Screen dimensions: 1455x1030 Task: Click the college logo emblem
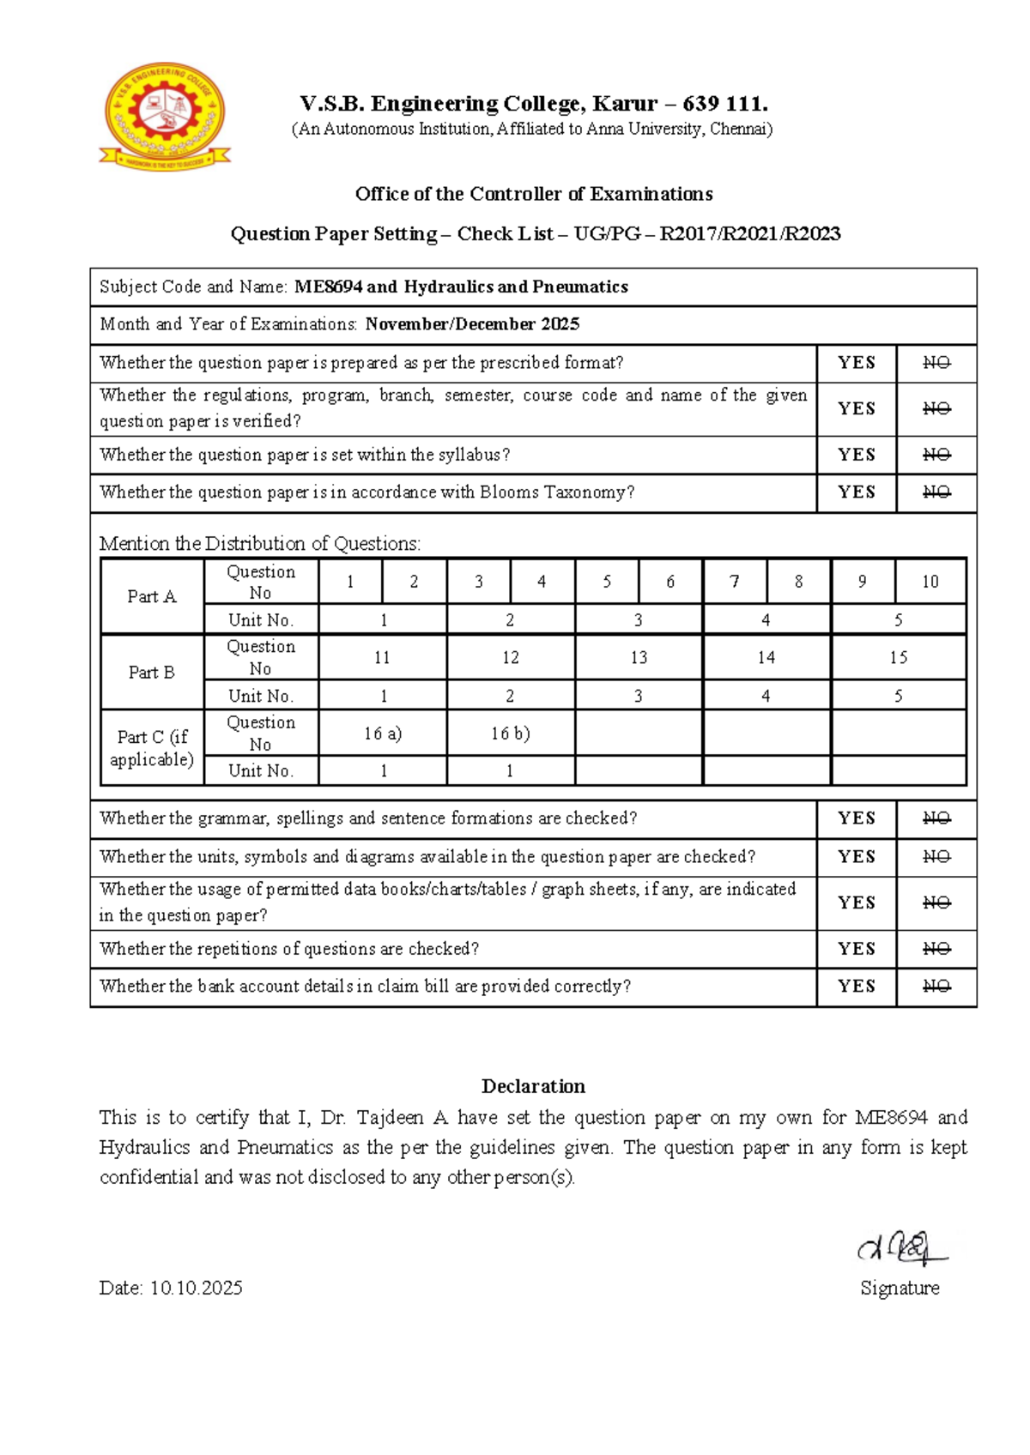pyautogui.click(x=164, y=117)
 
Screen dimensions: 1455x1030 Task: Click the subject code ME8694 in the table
pyautogui.click(x=328, y=287)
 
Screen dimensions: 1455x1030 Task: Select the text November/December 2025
pyautogui.click(x=472, y=324)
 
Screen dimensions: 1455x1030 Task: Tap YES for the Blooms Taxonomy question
pyautogui.click(x=856, y=492)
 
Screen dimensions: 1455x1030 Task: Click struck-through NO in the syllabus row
pyautogui.click(x=936, y=455)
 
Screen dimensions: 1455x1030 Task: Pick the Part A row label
pyautogui.click(x=152, y=596)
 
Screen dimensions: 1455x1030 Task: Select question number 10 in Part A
pyautogui.click(x=930, y=582)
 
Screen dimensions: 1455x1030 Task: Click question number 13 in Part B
pyautogui.click(x=639, y=658)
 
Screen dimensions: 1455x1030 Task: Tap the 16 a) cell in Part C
pyautogui.click(x=383, y=734)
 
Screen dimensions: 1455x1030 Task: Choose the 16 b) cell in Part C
pyautogui.click(x=510, y=734)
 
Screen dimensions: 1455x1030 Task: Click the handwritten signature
pyautogui.click(x=900, y=1248)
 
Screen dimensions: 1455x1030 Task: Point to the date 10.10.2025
pyautogui.click(x=197, y=1288)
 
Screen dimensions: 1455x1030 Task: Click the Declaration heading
pyautogui.click(x=533, y=1086)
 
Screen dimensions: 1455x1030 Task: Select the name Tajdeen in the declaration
pyautogui.click(x=390, y=1118)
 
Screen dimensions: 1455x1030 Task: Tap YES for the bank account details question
pyautogui.click(x=856, y=987)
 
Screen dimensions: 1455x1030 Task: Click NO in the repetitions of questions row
pyautogui.click(x=936, y=949)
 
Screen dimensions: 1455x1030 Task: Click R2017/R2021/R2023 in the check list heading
pyautogui.click(x=749, y=234)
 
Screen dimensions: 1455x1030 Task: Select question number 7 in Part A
pyautogui.click(x=734, y=582)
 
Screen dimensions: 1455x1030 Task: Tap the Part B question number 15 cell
pyautogui.click(x=898, y=658)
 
